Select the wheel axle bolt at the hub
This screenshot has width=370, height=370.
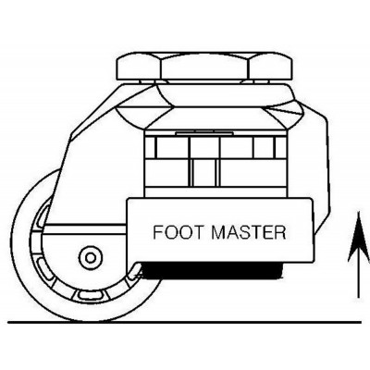pyautogui.click(x=91, y=256)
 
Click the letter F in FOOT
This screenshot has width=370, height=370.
pyautogui.click(x=157, y=231)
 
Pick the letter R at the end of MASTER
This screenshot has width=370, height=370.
pyautogui.click(x=280, y=231)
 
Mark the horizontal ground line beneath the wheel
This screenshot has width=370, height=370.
pyautogui.click(x=185, y=320)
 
